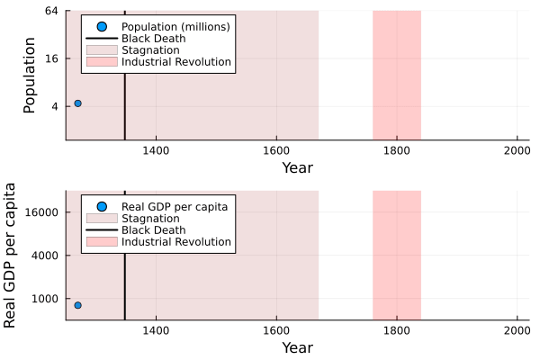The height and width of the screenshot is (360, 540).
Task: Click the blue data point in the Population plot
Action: tap(77, 103)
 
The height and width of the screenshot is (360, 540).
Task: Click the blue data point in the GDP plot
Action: tap(77, 305)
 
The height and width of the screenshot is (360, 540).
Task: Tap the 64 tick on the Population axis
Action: tap(50, 11)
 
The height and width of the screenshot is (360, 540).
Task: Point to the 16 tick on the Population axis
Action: tap(50, 58)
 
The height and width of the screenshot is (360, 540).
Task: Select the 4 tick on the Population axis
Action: tap(54, 106)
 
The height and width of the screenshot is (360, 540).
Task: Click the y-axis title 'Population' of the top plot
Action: tap(29, 76)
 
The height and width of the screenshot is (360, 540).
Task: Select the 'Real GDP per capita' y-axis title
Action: tap(11, 256)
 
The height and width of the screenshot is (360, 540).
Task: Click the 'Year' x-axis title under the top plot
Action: tap(297, 167)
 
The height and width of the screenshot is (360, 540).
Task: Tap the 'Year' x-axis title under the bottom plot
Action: tap(297, 347)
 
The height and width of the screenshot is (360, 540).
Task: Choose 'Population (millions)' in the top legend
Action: tap(175, 27)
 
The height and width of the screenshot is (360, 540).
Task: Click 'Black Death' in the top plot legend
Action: tap(154, 39)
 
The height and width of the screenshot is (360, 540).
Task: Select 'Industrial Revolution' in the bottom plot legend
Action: tap(176, 242)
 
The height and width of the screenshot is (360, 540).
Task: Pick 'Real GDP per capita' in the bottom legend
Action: tap(174, 207)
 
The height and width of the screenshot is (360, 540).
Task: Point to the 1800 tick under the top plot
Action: tap(396, 149)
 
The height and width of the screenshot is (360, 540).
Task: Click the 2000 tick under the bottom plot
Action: tap(516, 329)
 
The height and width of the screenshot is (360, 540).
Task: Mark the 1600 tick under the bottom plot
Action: tap(276, 329)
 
